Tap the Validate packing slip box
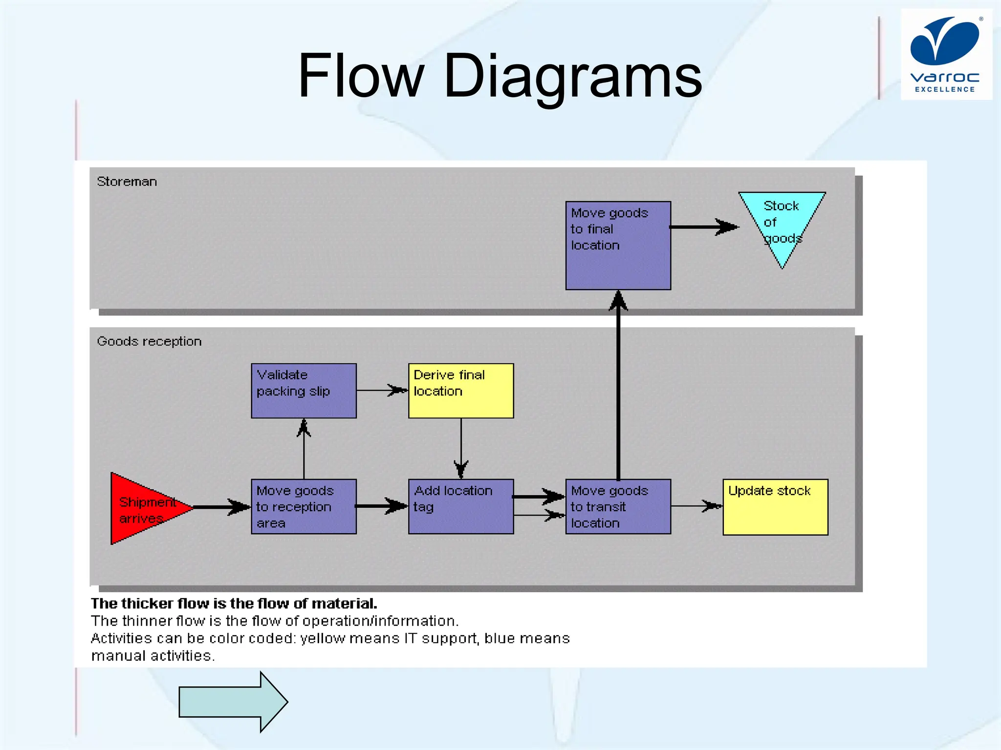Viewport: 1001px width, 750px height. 304,391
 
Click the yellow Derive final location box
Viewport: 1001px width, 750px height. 461,391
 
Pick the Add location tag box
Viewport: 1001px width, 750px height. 461,506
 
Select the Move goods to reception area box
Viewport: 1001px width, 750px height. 304,506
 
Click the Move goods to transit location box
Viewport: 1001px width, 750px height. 618,506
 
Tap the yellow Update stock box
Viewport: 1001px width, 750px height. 775,507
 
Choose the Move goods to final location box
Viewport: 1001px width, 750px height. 618,246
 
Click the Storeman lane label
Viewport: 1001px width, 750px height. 127,182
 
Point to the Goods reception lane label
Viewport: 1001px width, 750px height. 149,341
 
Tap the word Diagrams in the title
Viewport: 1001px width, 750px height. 572,77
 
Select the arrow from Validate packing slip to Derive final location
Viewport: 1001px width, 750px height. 382,390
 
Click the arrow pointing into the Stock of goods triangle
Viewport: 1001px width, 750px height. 704,227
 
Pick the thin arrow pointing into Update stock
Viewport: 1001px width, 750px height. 696,506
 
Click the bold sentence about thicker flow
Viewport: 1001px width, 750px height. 234,604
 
